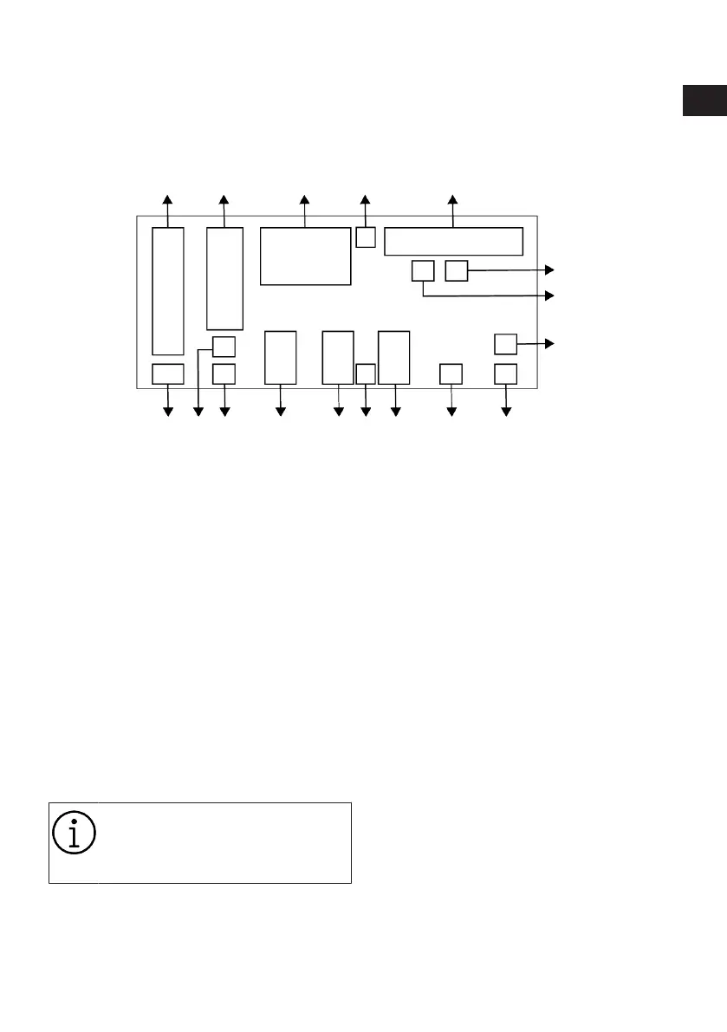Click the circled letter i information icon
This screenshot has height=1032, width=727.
pyautogui.click(x=74, y=833)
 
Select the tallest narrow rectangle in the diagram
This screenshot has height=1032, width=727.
pyautogui.click(x=168, y=290)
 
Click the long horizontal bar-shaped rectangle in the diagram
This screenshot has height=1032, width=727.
pyautogui.click(x=453, y=241)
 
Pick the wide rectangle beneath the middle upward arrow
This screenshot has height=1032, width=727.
pyautogui.click(x=305, y=256)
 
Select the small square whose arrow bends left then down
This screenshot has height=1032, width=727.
pyautogui.click(x=224, y=347)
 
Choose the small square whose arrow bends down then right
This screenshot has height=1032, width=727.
pyautogui.click(x=422, y=270)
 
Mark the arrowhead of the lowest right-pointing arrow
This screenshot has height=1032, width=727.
pyautogui.click(x=548, y=343)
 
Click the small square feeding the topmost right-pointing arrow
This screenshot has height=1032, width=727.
pyautogui.click(x=456, y=270)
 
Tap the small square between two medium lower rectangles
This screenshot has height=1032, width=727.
pyautogui.click(x=366, y=373)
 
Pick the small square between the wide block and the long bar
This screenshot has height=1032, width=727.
pyautogui.click(x=366, y=236)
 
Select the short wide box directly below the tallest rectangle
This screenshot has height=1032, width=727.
pyautogui.click(x=168, y=374)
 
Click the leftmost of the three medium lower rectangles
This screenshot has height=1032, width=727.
pyautogui.click(x=281, y=357)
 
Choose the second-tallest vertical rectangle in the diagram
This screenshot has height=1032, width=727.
pyautogui.click(x=224, y=278)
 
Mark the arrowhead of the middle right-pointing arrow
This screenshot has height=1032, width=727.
pyautogui.click(x=548, y=295)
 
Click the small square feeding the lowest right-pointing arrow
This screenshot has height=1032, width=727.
pyautogui.click(x=505, y=344)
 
